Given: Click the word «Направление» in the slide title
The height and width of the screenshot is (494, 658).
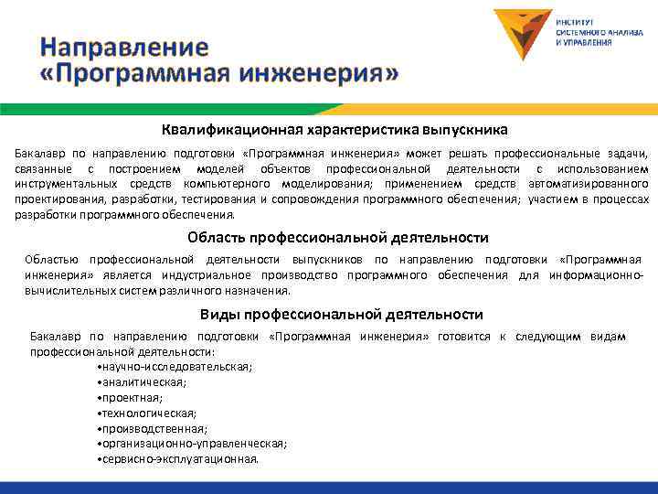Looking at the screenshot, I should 125,48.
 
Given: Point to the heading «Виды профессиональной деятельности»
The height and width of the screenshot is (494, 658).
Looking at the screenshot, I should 341,315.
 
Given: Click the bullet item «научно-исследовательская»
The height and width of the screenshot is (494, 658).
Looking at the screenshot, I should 175,366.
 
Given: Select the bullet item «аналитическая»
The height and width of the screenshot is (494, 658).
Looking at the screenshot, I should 141,381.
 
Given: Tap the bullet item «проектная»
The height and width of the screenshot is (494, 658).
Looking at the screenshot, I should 130,397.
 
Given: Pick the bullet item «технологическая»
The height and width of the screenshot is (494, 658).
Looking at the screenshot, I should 145,413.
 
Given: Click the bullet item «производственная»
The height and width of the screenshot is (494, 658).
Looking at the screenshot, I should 152,428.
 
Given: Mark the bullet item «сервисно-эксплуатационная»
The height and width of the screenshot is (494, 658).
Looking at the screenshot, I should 177,459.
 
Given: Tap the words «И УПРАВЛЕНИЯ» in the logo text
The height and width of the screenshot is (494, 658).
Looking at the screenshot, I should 583,42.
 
